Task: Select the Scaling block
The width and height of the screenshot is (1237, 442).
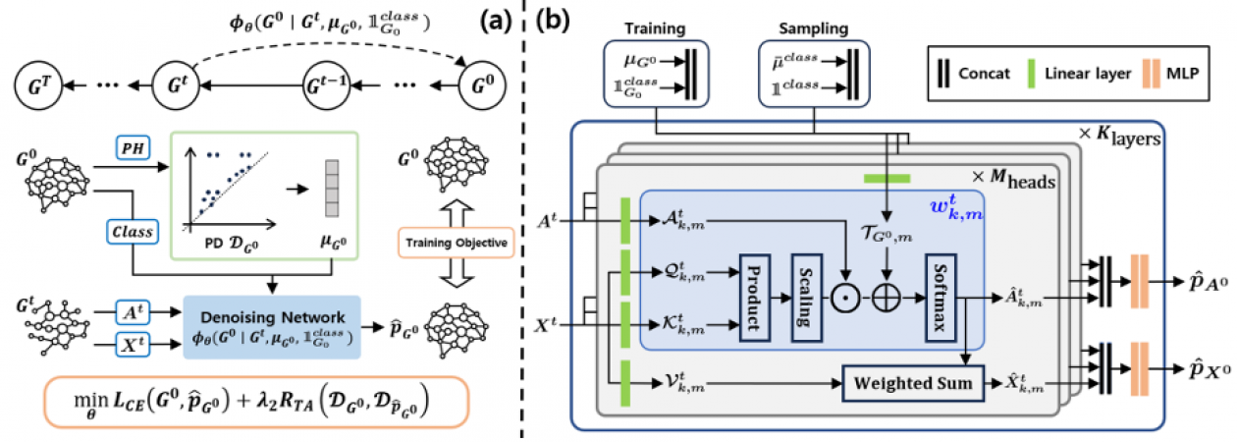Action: [x=807, y=295]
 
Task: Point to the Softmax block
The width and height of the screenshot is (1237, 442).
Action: [x=941, y=295]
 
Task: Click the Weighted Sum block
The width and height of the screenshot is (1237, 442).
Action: [x=912, y=382]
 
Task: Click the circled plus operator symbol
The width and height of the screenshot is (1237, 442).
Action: [x=887, y=294]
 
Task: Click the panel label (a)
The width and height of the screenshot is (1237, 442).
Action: [x=486, y=22]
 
